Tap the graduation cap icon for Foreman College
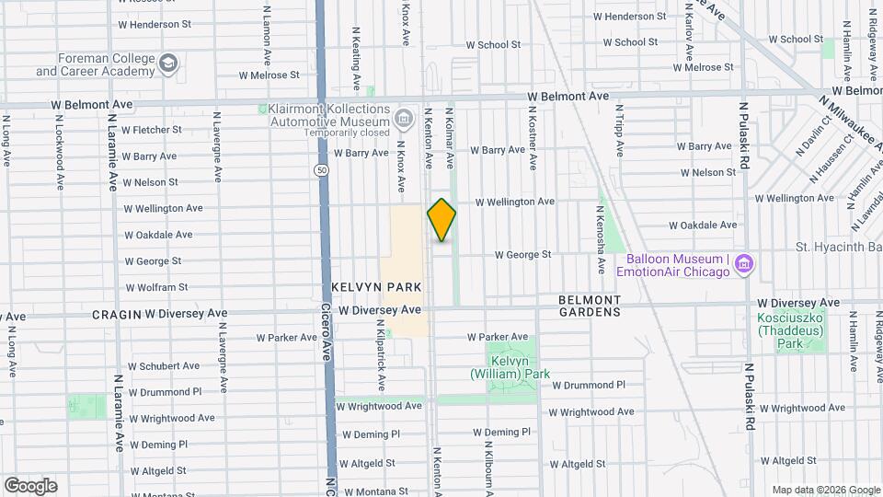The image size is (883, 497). click(167, 63)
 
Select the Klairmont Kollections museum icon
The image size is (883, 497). click(403, 119)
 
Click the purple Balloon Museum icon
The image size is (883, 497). click(745, 265)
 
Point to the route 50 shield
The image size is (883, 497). click(320, 170)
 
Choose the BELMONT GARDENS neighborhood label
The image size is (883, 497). click(590, 306)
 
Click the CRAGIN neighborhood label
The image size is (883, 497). click(115, 314)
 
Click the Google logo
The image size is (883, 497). click(30, 486)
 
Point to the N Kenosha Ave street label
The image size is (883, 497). click(600, 239)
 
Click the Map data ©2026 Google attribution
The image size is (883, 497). click(824, 490)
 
